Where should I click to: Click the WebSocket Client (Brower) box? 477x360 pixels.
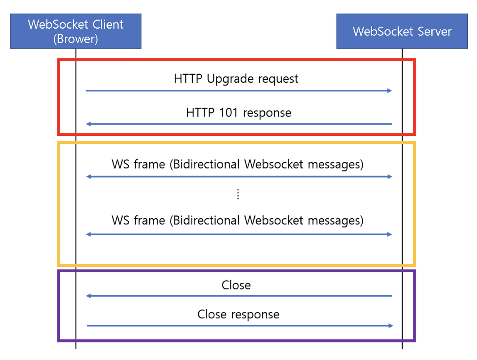(76, 31)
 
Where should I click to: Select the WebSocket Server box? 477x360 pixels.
(402, 31)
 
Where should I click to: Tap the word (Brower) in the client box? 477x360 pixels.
(76, 39)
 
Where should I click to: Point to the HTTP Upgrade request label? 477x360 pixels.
(236, 79)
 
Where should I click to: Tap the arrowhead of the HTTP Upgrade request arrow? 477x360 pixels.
(389, 90)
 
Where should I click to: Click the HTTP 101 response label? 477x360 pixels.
(238, 113)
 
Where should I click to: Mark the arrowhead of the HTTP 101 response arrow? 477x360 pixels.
(89, 124)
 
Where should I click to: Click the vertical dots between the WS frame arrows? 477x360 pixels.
(238, 194)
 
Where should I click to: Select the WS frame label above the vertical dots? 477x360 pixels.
(237, 164)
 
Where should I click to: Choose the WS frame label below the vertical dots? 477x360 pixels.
(237, 220)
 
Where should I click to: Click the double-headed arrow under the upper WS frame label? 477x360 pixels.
(239, 177)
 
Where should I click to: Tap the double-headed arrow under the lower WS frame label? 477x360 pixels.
(239, 234)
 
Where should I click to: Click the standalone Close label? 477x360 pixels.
(236, 285)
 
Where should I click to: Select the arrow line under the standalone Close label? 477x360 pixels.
(239, 296)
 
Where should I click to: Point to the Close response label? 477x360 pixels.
(238, 314)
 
